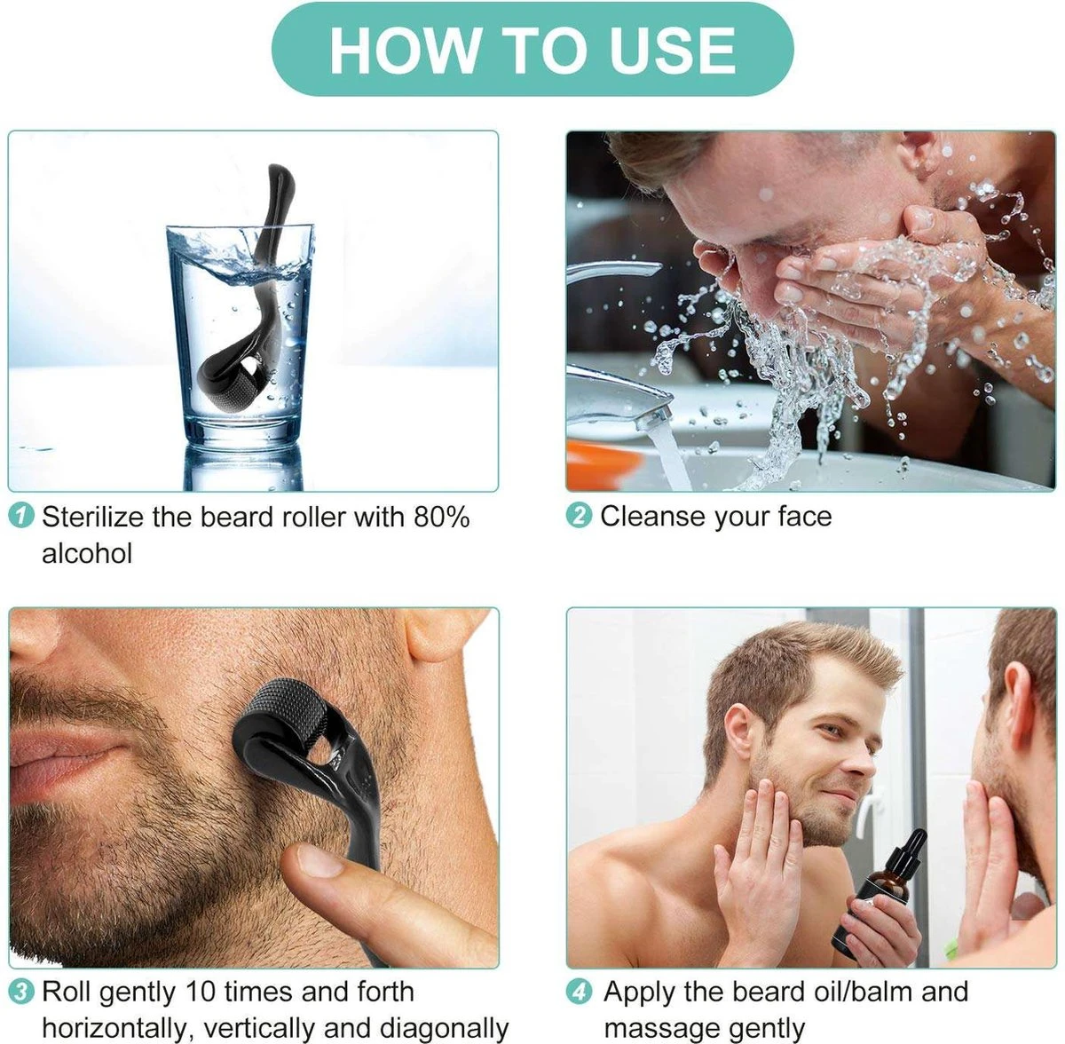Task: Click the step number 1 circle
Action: click(21, 517)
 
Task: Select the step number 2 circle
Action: click(580, 517)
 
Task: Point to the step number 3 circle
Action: click(21, 992)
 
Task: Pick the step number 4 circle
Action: click(580, 992)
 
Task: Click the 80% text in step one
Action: click(442, 518)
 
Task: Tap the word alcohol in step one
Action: click(87, 554)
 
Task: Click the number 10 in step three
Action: click(201, 993)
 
